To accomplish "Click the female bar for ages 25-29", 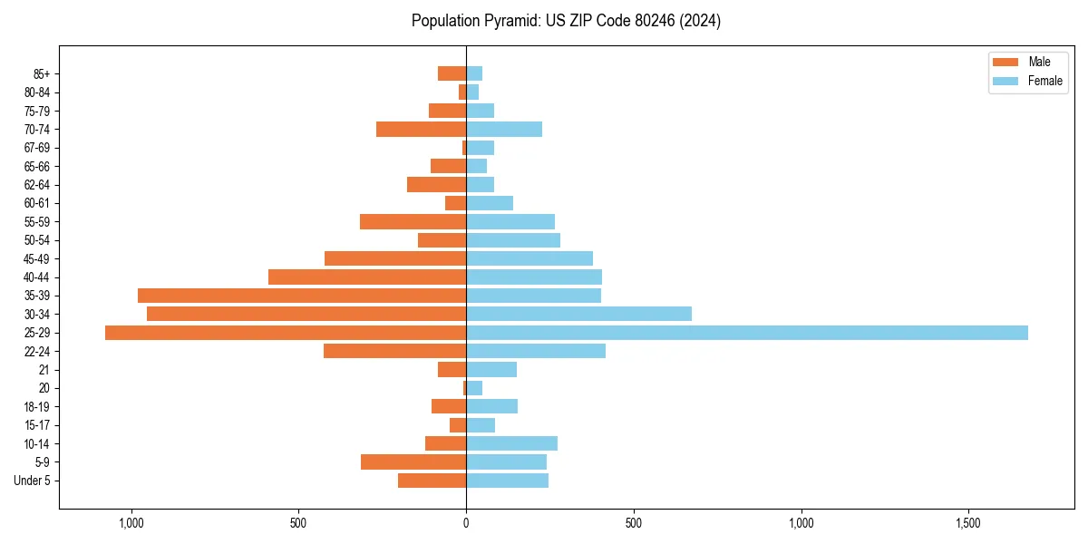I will pos(747,333).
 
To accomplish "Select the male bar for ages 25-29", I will pos(286,333).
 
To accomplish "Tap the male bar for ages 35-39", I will pos(302,296).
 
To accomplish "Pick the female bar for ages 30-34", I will pos(578,314).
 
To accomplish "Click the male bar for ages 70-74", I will pos(421,130).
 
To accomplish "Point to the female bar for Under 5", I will pos(507,481).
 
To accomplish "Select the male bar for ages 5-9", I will pos(413,462).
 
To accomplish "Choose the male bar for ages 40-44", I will pos(367,277).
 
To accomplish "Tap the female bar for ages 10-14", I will pos(511,443).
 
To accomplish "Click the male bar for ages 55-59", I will pos(413,222).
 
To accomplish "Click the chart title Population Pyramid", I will pos(566,21).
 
